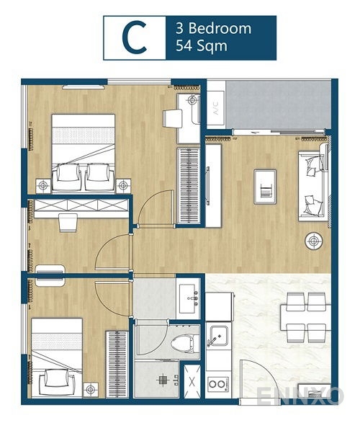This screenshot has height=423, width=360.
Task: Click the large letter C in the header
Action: (x=134, y=37)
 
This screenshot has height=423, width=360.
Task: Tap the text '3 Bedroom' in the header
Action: (x=213, y=30)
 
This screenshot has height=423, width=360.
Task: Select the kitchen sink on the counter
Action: (x=219, y=335)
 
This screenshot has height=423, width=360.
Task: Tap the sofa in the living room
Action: (x=313, y=186)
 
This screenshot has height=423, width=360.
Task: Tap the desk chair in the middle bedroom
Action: (x=67, y=224)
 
